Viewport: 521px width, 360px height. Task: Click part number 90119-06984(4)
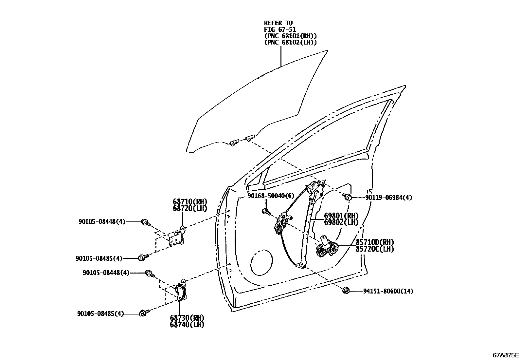point(388,198)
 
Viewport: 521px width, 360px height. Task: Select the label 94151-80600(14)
point(388,291)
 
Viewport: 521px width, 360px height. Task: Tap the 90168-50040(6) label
point(271,196)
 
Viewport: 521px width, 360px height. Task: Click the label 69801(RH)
point(341,216)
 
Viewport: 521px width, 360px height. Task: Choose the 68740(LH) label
point(187,325)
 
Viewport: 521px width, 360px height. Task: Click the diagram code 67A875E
point(506,355)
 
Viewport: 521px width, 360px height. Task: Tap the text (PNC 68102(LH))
point(290,42)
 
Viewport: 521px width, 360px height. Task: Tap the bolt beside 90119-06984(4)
point(348,197)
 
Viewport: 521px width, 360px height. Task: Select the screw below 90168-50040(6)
point(266,212)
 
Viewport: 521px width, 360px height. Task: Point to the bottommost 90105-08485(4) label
point(100,313)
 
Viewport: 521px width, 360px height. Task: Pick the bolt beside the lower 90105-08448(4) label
point(150,273)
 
